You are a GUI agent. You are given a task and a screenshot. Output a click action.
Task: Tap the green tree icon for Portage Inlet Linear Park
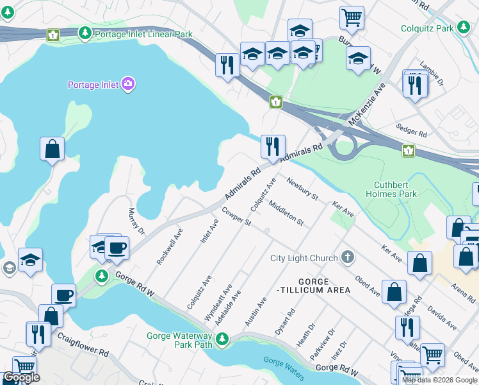(85, 32)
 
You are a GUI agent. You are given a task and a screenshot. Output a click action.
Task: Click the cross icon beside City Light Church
(347, 258)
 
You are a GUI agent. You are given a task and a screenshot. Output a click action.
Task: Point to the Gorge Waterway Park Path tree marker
(222, 339)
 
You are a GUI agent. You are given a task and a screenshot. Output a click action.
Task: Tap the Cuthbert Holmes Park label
(391, 189)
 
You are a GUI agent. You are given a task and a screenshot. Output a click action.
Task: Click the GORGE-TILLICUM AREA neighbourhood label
(315, 286)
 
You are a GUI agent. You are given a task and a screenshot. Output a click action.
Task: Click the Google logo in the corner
(21, 377)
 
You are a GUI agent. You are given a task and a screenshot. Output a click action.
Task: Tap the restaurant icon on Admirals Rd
(273, 146)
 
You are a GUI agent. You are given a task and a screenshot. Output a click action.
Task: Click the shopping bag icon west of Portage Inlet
(52, 149)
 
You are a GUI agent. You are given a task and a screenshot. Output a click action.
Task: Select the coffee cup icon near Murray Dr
(117, 248)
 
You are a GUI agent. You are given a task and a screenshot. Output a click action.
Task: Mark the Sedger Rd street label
(411, 133)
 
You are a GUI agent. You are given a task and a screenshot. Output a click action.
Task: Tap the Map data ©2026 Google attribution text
(439, 380)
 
